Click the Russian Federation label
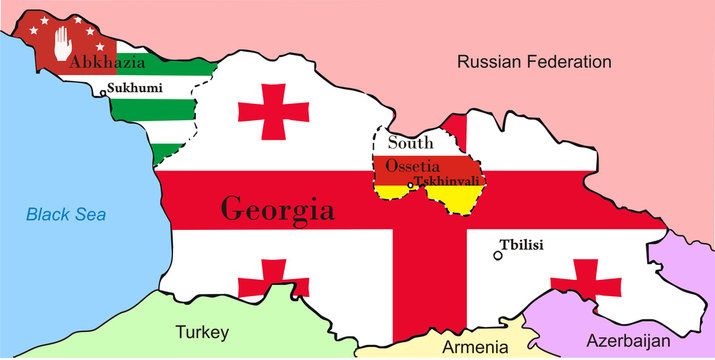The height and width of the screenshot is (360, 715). pyautogui.click(x=533, y=62)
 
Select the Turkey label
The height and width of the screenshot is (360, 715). pyautogui.click(x=202, y=332)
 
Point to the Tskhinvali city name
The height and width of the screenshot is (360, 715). pyautogui.click(x=449, y=181)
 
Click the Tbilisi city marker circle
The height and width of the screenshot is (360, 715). pyautogui.click(x=498, y=256)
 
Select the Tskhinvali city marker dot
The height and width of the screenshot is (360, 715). pyautogui.click(x=411, y=185)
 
